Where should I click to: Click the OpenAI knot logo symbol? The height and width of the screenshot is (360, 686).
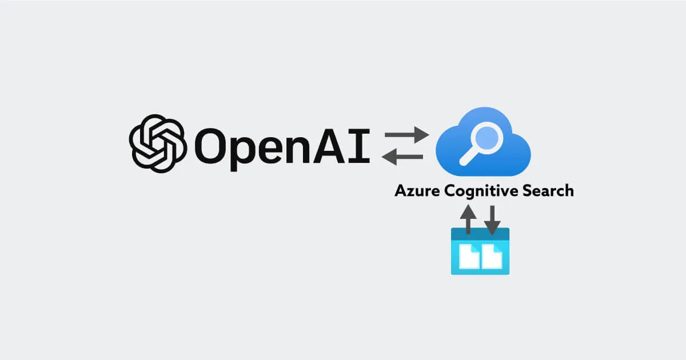pyautogui.click(x=158, y=143)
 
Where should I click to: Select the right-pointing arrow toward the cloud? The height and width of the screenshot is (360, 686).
pyautogui.click(x=406, y=136)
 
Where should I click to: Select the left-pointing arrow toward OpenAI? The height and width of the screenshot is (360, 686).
pyautogui.click(x=402, y=156)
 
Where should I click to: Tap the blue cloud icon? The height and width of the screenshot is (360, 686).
pyautogui.click(x=483, y=143)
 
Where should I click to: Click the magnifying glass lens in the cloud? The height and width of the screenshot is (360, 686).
pyautogui.click(x=489, y=138)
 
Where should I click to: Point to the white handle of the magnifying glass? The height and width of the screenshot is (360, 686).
pyautogui.click(x=469, y=158)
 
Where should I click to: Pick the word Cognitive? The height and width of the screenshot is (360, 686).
pyautogui.click(x=479, y=191)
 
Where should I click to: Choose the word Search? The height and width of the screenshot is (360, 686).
pyautogui.click(x=547, y=191)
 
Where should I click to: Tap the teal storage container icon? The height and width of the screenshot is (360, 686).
pyautogui.click(x=480, y=251)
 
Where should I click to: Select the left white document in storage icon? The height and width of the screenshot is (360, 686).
pyautogui.click(x=469, y=257)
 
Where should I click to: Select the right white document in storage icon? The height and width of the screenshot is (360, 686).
pyautogui.click(x=492, y=257)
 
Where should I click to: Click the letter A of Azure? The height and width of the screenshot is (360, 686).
pyautogui.click(x=400, y=191)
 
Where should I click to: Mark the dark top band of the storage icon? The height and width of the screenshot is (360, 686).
pyautogui.click(x=480, y=234)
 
